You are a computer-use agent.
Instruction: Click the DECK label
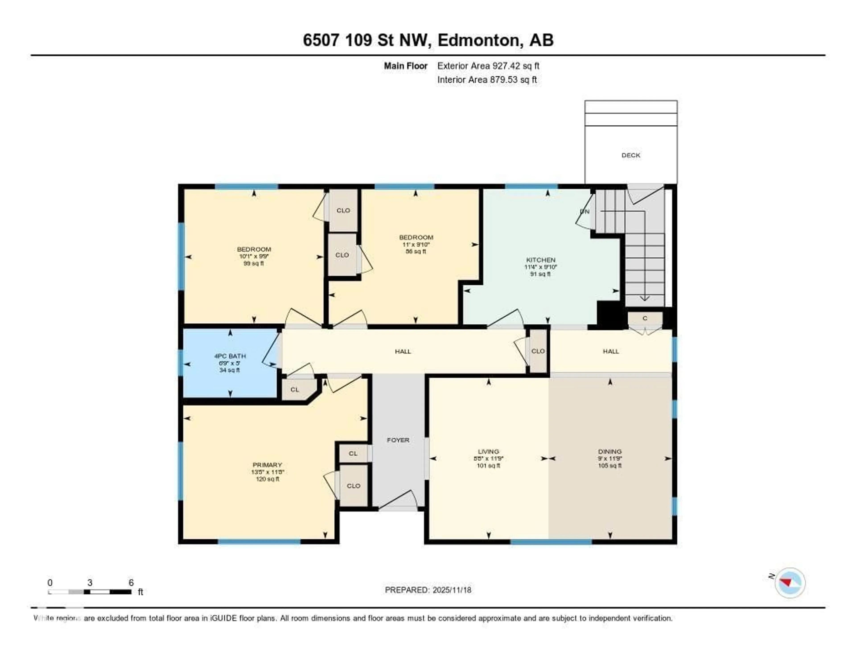pyautogui.click(x=631, y=155)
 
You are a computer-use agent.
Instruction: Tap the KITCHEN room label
pyautogui.click(x=541, y=260)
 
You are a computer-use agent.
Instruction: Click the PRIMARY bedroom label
pyautogui.click(x=267, y=465)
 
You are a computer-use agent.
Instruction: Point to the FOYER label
pyautogui.click(x=398, y=440)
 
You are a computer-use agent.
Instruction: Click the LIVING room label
pyautogui.click(x=488, y=451)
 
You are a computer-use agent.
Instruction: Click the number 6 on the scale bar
pyautogui.click(x=131, y=583)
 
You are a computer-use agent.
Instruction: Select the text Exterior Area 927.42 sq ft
pyautogui.click(x=488, y=66)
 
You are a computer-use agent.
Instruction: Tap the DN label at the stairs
pyautogui.click(x=584, y=211)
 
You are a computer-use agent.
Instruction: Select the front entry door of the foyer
pyautogui.click(x=398, y=508)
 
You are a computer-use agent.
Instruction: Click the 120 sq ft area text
pyautogui.click(x=267, y=479)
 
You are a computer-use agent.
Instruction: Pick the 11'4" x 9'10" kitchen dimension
pyautogui.click(x=541, y=267)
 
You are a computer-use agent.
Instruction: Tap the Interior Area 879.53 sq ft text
pyautogui.click(x=487, y=80)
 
